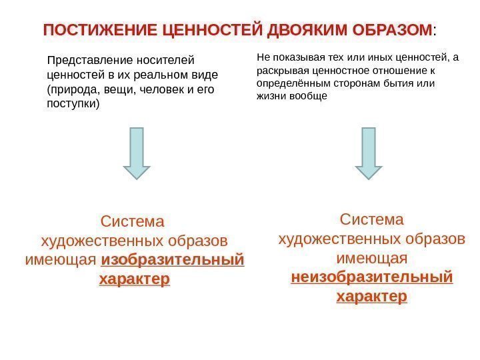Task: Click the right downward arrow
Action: pos(368,153)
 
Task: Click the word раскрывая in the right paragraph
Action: pos(279,71)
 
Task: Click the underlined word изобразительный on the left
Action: pos(173,259)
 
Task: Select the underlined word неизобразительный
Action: pos(372,277)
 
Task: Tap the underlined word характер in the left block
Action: pos(135,279)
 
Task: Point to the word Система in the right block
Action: pos(372,219)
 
